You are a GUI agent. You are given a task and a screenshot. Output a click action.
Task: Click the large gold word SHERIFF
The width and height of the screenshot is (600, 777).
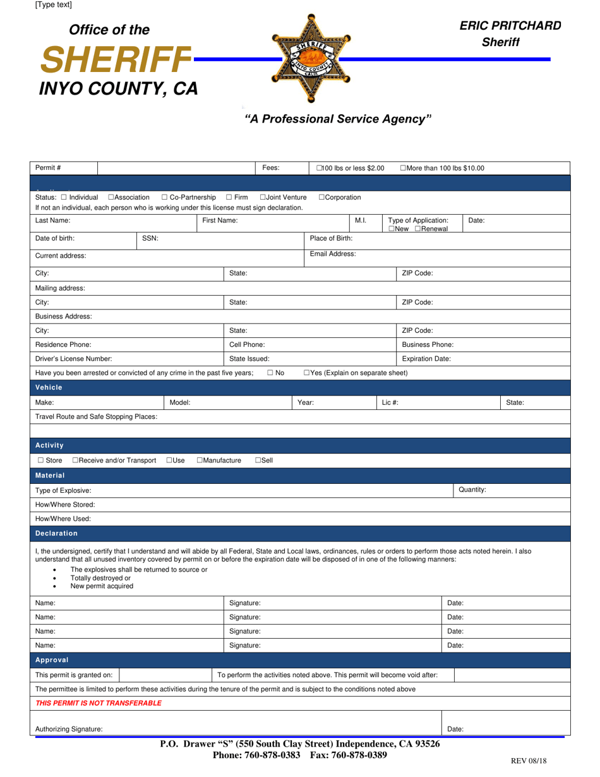[x=116, y=60]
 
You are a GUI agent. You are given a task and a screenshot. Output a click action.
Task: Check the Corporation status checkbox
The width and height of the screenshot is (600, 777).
[x=322, y=197]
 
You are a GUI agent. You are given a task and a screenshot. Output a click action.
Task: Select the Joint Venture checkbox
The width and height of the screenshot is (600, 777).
[x=263, y=197]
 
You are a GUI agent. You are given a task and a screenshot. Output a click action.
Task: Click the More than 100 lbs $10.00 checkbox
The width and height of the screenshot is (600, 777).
[x=404, y=168]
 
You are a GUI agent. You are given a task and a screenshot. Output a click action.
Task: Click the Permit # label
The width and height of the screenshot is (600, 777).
[x=48, y=168]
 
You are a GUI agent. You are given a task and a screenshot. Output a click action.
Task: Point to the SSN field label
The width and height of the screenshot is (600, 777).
[x=150, y=238]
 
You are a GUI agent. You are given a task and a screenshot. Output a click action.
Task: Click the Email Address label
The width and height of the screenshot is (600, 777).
[x=332, y=254]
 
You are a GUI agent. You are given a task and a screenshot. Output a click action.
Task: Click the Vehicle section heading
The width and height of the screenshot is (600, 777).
[x=49, y=387]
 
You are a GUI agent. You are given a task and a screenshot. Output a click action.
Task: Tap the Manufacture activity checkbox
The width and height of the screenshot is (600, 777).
[x=200, y=461]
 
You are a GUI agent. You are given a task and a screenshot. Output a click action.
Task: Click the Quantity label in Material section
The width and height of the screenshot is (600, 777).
[x=472, y=490]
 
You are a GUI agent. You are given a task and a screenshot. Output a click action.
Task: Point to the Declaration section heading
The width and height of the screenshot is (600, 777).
[x=56, y=533]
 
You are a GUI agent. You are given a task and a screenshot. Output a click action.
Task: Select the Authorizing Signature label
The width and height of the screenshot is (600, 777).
[x=69, y=729]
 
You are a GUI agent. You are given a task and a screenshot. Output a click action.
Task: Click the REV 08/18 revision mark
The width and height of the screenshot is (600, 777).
[x=528, y=761]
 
